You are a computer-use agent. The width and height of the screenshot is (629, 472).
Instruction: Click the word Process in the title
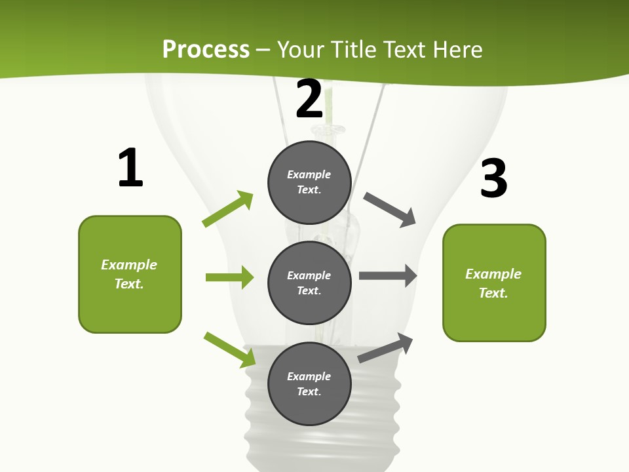click(x=206, y=49)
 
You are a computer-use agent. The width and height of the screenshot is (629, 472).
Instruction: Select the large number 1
click(x=130, y=168)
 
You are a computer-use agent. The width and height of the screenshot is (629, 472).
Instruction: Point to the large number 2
click(x=309, y=99)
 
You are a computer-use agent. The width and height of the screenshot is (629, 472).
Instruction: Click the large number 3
click(x=493, y=178)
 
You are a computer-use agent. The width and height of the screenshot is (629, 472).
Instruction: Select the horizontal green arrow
click(x=229, y=277)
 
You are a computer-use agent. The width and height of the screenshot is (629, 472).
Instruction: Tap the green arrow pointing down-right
click(x=230, y=349)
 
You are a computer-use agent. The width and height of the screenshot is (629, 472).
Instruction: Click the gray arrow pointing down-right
click(x=390, y=210)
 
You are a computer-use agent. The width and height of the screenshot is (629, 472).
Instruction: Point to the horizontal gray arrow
click(x=388, y=275)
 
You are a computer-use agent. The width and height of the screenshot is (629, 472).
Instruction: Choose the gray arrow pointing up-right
click(x=386, y=347)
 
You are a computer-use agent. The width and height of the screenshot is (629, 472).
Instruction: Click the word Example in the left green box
click(x=129, y=265)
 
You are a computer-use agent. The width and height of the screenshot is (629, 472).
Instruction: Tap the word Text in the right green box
click(x=493, y=293)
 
